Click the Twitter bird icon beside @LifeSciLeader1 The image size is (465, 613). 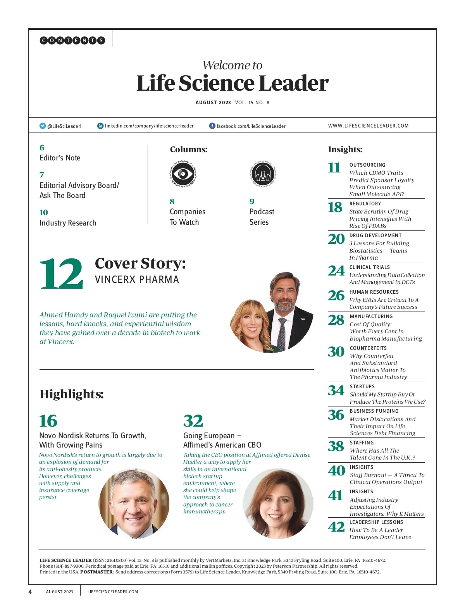pos(43,126)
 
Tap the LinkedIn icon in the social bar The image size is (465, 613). pos(100,126)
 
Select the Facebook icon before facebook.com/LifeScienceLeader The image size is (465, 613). pos(212,126)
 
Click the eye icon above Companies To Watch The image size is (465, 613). pos(183,174)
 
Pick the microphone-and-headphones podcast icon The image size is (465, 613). pos(263,174)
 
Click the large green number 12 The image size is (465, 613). pos(61,274)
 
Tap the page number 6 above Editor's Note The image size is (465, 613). pos(42,148)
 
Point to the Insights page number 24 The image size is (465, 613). pos(336,271)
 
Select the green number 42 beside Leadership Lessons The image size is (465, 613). pos(336,527)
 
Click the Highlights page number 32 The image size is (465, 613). pos(193,421)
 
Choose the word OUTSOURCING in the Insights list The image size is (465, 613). pos(367,165)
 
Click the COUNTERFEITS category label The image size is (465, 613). pos(368,348)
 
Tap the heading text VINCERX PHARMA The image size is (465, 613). pos(137,280)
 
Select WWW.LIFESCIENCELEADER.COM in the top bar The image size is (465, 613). pos(368,126)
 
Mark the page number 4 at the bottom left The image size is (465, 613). pos(30,592)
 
